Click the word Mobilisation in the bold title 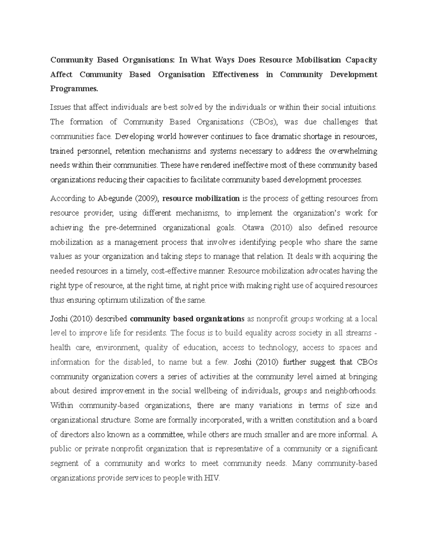coord(318,60)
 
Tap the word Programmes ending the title coord(73,89)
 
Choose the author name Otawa coord(252,228)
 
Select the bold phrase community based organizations coord(188,319)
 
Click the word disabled coord(138,362)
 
